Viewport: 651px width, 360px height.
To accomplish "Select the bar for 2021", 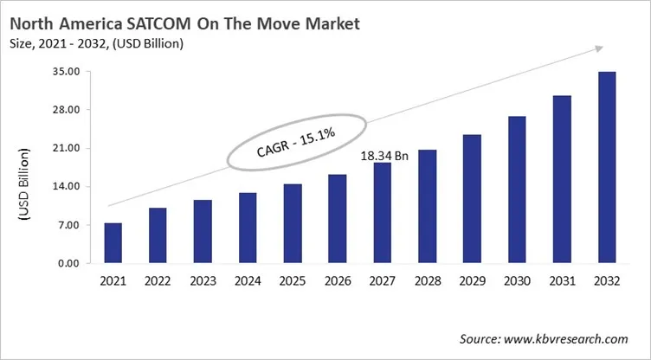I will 113,243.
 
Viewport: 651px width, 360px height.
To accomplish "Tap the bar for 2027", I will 383,213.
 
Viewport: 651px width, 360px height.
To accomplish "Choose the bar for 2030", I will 518,190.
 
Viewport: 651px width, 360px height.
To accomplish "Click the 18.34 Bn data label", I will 384,155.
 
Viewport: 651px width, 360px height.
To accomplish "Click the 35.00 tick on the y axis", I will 68,72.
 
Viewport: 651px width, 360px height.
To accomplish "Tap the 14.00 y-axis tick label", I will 68,187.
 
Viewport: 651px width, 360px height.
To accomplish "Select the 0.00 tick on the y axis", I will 70,263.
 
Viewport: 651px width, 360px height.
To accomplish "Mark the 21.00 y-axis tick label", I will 68,149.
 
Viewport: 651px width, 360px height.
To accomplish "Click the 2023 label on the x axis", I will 203,281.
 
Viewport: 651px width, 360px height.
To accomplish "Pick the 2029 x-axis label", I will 473,281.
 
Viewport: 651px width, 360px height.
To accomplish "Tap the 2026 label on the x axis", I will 338,281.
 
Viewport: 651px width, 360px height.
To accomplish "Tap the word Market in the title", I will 330,23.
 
